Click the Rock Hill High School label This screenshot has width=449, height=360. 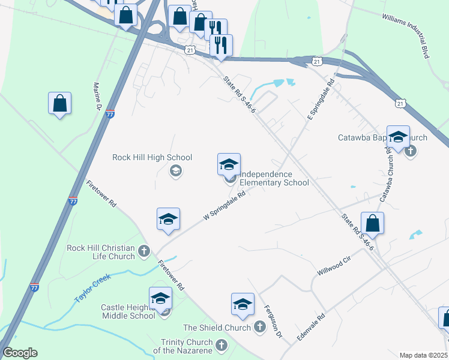point(152,158)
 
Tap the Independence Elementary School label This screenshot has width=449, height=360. point(274,178)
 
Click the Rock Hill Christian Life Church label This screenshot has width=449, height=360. point(101,252)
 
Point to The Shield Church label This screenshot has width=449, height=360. point(217,328)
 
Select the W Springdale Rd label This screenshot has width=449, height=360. point(225,206)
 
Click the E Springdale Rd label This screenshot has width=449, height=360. point(320,98)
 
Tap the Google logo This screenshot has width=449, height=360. point(19,353)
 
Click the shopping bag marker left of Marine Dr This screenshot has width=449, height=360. point(60,103)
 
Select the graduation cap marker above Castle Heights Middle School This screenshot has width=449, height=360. point(160,298)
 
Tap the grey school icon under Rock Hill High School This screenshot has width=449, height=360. point(175,172)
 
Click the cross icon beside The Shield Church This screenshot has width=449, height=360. point(259,327)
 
